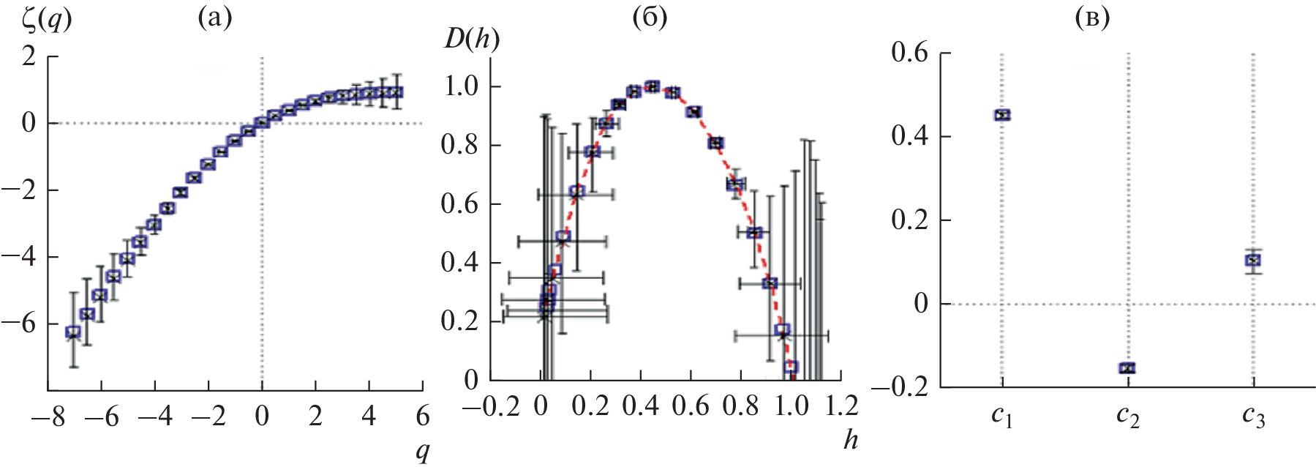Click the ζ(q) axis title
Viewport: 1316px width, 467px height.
coord(46,20)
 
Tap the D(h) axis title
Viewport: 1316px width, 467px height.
coord(471,39)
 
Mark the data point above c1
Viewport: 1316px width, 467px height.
coord(1002,115)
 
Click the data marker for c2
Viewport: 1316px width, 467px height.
coord(1127,367)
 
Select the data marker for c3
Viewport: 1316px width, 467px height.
coord(1253,260)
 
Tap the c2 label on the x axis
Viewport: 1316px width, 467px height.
coord(1127,416)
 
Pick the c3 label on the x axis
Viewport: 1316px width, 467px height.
coord(1253,416)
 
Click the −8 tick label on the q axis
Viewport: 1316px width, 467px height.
coord(48,416)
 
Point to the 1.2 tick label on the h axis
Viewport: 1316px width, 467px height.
coord(841,405)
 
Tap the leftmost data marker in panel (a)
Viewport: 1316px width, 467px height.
coord(73,332)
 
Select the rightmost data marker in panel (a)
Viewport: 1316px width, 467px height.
coord(396,92)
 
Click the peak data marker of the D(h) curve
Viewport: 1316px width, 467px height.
coord(653,86)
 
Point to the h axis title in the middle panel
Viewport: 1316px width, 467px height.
coord(850,439)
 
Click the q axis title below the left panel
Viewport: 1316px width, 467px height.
coord(422,451)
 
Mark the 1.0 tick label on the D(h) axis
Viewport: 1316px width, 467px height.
coord(460,86)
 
